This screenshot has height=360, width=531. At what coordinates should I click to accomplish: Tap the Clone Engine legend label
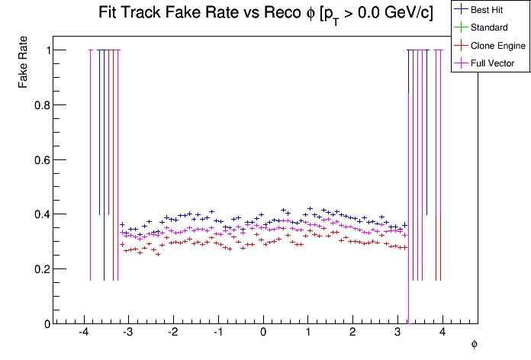[498, 46]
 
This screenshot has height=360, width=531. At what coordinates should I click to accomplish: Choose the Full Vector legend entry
[493, 63]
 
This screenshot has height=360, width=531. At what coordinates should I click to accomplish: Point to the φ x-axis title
[474, 344]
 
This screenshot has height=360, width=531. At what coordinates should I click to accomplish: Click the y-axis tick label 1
[45, 50]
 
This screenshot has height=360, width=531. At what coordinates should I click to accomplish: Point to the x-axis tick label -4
[83, 333]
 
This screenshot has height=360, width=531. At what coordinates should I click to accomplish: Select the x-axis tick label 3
[397, 333]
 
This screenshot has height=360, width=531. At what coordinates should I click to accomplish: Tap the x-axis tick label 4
[443, 333]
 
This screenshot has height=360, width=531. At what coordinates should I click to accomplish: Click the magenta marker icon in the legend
[460, 63]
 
